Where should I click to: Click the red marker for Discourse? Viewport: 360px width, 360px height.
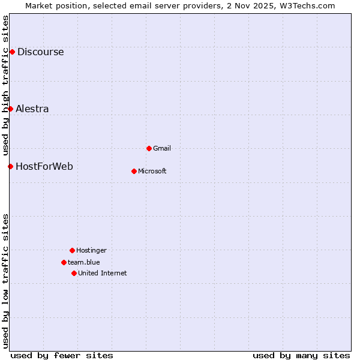[x=12, y=52]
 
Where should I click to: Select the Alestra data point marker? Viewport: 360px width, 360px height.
[x=10, y=109]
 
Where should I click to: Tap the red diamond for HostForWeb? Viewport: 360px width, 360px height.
[x=10, y=166]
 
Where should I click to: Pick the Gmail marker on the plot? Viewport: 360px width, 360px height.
[x=149, y=148]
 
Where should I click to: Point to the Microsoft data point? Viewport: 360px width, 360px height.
[x=134, y=171]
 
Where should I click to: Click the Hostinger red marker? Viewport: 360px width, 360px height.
[x=72, y=250]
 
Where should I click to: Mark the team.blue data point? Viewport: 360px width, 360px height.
[x=64, y=262]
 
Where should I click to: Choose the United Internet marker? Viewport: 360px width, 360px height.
[x=74, y=273]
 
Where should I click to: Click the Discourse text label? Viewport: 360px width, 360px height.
[x=40, y=52]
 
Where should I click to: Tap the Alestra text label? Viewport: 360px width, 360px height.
[x=32, y=109]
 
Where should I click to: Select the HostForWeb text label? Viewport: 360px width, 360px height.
[x=44, y=166]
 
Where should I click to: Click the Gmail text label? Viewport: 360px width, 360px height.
[x=162, y=148]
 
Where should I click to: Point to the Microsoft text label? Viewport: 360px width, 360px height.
[x=152, y=171]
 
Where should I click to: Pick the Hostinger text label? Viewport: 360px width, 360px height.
[x=91, y=250]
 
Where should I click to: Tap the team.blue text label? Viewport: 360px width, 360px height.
[x=84, y=262]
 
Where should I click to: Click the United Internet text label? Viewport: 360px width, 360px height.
[x=103, y=273]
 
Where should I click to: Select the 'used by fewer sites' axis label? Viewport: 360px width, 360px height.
[x=62, y=355]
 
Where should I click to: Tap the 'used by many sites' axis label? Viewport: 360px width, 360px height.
[x=301, y=355]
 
